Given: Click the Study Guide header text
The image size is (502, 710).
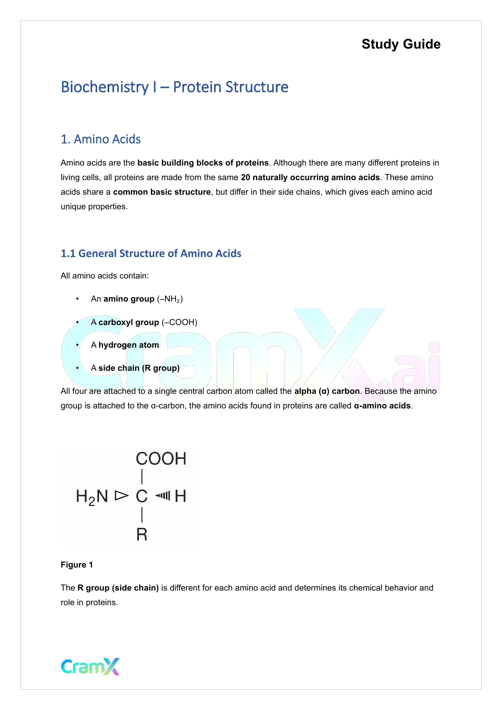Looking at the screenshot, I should click(x=401, y=44).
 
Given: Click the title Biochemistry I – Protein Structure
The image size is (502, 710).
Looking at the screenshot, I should click(x=174, y=87).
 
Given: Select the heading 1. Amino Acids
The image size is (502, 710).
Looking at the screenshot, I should click(x=101, y=139).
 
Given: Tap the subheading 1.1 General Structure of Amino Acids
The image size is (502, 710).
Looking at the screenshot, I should click(x=151, y=253).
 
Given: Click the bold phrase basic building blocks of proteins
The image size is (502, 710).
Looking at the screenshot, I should click(x=203, y=163).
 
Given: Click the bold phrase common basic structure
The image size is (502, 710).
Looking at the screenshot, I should click(x=162, y=192).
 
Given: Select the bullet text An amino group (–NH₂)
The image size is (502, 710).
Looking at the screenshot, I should click(x=137, y=299).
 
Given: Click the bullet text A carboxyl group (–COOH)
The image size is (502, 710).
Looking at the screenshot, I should click(x=144, y=322).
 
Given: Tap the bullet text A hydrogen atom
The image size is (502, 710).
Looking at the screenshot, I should click(x=125, y=345).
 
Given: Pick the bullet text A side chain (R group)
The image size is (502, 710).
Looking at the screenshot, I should click(x=135, y=368).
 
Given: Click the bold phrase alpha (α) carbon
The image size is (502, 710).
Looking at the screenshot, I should click(x=327, y=391).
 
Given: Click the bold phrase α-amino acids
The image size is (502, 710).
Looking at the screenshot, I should click(x=382, y=406).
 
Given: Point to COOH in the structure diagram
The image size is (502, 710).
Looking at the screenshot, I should click(x=161, y=459).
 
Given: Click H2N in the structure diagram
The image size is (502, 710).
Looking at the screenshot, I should click(x=92, y=496).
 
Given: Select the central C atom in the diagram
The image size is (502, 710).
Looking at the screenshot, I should click(x=142, y=496).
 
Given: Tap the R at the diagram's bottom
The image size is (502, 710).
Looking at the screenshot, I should click(x=142, y=535).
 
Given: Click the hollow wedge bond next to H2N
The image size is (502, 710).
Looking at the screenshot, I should click(x=121, y=495).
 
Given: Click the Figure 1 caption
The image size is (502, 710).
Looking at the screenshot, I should click(x=77, y=565).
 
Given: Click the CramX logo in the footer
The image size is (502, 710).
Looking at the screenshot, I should click(x=90, y=666).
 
